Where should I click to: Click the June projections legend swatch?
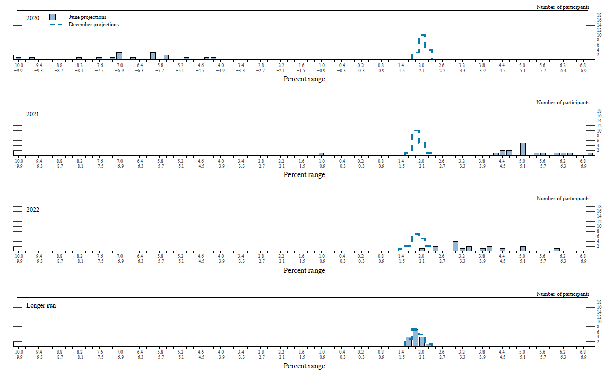click(x=52, y=17)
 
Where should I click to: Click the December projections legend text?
click(x=94, y=24)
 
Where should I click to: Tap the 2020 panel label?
click(x=33, y=18)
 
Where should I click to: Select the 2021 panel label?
click(x=33, y=114)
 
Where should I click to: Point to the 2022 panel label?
click(x=33, y=210)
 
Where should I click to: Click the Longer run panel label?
click(x=41, y=305)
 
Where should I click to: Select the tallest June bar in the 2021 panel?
click(x=523, y=149)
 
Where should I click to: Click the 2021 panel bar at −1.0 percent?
click(x=321, y=153)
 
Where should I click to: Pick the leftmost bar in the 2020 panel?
click(x=18, y=58)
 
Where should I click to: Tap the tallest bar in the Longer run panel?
click(x=415, y=338)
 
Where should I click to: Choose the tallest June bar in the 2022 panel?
click(x=455, y=246)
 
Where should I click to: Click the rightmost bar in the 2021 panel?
click(x=590, y=153)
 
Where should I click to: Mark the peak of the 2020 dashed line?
click(x=423, y=35)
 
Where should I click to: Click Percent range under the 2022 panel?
click(x=304, y=270)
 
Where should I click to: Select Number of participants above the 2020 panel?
click(x=563, y=7)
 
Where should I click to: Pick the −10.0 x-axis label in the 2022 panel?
click(x=18, y=256)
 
